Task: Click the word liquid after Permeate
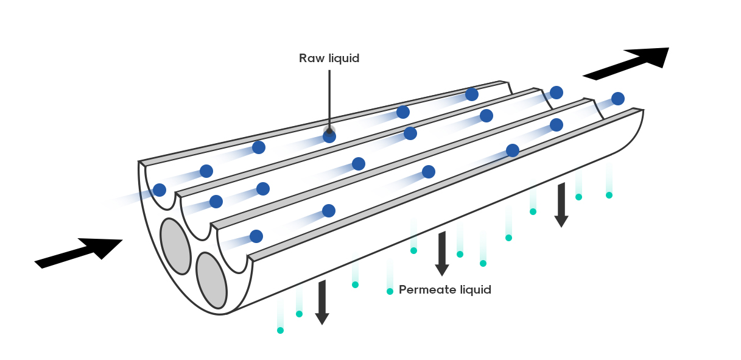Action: point(476,290)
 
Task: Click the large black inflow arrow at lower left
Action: point(79,253)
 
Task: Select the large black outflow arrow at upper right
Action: point(626,64)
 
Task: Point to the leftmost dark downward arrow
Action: point(322,302)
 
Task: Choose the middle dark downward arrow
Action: point(442,254)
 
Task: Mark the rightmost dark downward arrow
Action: point(561,205)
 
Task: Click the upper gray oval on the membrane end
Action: point(175,247)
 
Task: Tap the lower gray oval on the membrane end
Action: point(212,281)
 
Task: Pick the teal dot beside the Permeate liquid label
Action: point(390,291)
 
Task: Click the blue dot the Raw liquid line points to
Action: point(329,136)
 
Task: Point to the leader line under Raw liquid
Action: point(329,101)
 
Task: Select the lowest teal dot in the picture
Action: point(280,330)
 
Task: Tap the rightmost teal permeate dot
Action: point(609,195)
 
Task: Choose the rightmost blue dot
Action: point(618,99)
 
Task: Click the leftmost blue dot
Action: point(160,190)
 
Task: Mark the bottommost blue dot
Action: point(256,236)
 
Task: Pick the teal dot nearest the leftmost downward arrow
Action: point(299,314)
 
